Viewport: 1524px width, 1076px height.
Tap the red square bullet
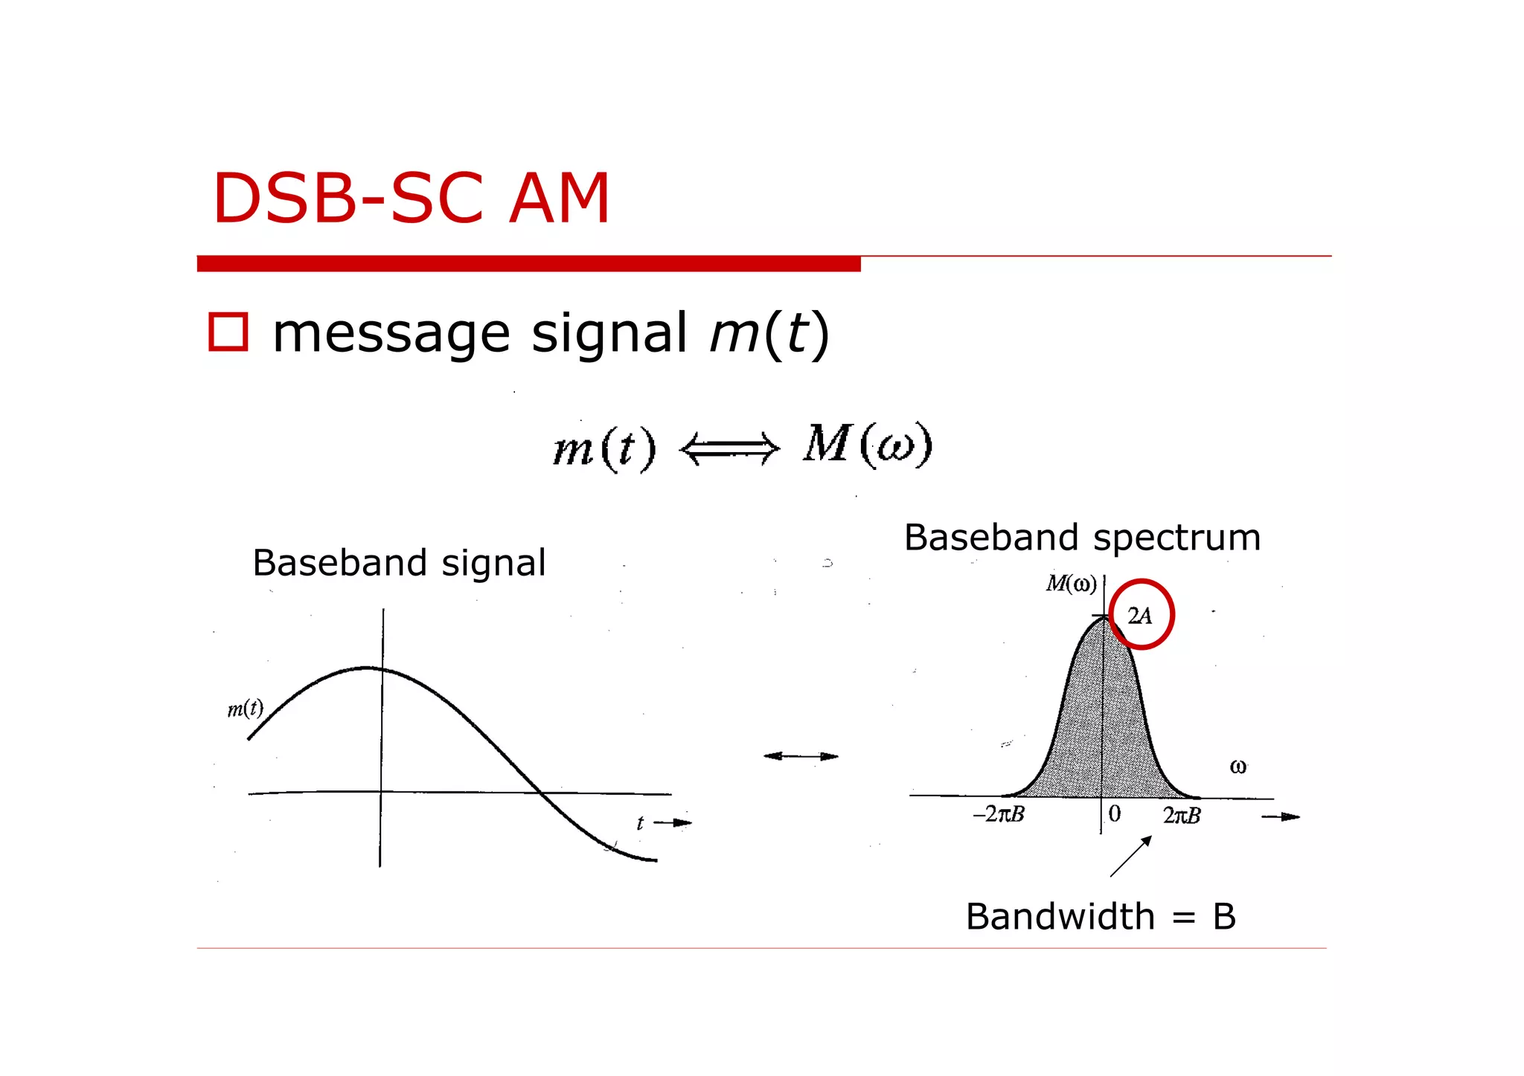pos(228,332)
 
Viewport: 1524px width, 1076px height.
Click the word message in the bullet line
pos(391,334)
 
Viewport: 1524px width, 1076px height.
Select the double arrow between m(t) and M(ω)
pos(729,449)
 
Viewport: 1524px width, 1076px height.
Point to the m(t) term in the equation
pos(604,449)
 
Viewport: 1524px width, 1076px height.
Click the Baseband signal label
pos(399,563)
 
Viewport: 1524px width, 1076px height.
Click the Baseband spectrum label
pos(1082,538)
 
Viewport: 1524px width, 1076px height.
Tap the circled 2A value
pos(1140,615)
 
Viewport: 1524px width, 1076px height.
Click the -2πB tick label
pos(999,814)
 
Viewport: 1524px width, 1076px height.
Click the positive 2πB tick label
pos(1182,816)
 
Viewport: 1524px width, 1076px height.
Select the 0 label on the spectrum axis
pos(1114,814)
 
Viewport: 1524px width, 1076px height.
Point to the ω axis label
pos(1238,767)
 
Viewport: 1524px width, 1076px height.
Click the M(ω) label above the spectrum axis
pos(1071,584)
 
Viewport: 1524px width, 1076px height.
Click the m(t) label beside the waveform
pos(245,709)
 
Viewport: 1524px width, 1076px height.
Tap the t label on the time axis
pos(640,822)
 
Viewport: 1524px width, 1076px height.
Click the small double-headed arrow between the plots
pos(801,756)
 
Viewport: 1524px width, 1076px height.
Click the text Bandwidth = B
pos(1100,917)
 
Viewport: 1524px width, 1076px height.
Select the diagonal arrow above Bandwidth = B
pos(1131,856)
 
